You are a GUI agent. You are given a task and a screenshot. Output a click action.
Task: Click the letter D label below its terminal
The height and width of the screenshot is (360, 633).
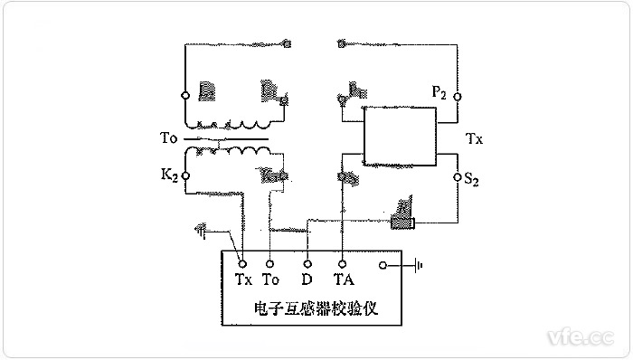point(307,280)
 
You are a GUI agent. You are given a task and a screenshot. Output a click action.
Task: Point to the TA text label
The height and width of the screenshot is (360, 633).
point(343,280)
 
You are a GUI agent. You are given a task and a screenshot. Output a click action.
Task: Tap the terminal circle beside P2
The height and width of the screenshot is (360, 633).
point(457,96)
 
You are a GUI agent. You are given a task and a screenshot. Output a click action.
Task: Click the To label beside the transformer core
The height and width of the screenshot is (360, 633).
point(166,140)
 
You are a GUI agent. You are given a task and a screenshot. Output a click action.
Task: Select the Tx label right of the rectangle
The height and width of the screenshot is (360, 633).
point(474,140)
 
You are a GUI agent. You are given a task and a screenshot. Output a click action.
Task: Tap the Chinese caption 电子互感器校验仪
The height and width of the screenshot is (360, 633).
point(316,308)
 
